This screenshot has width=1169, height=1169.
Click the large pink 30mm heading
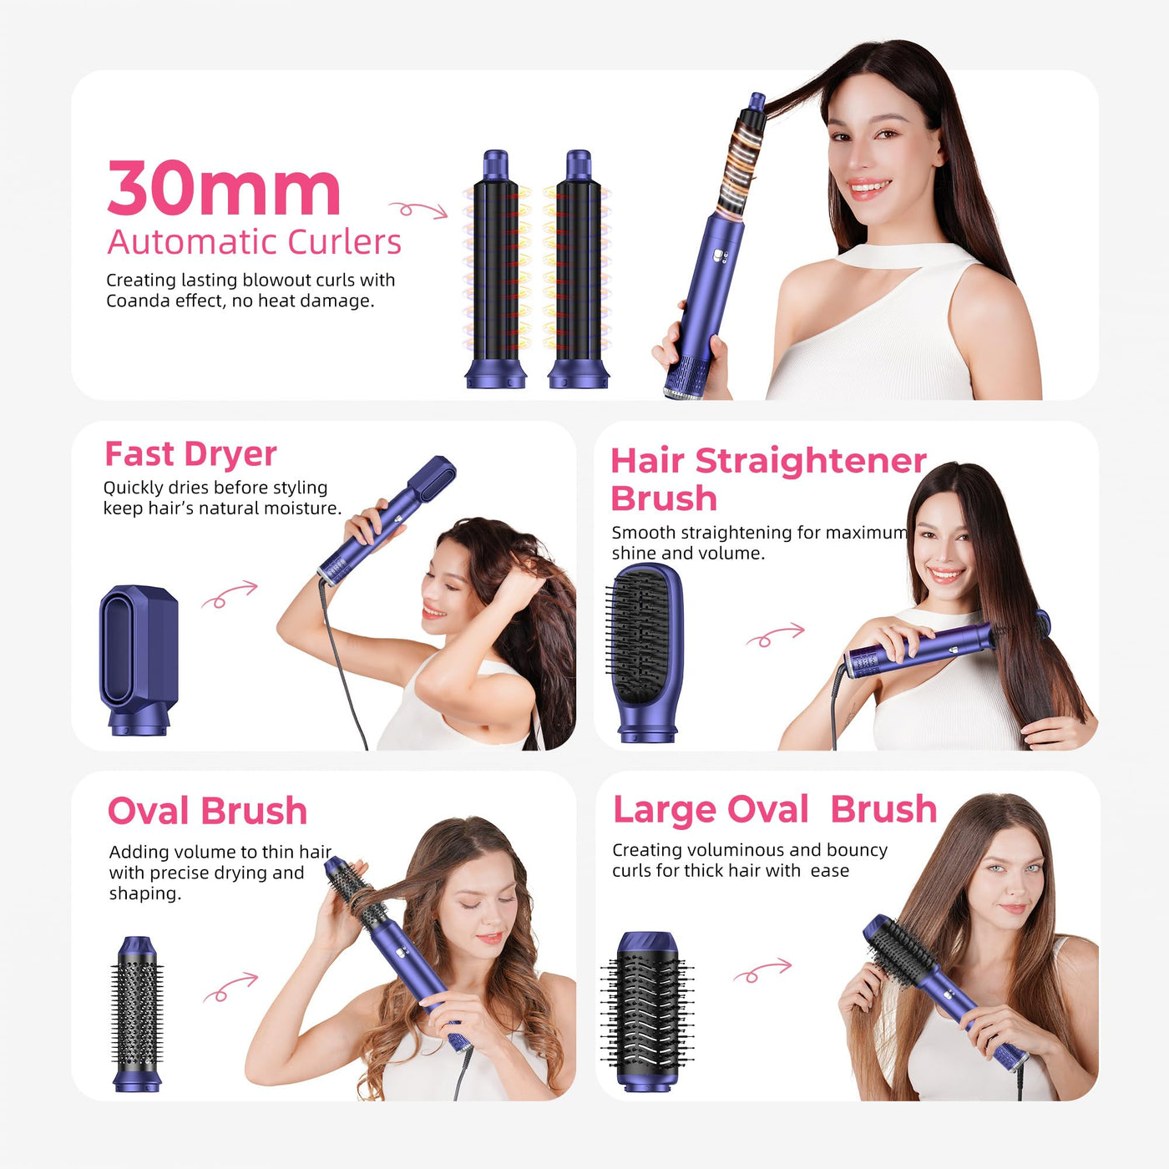224,188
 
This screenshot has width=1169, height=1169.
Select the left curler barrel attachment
496,269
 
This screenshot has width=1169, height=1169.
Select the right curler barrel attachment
578,269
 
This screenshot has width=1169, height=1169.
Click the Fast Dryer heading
190,454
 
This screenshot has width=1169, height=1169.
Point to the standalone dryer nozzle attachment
139,660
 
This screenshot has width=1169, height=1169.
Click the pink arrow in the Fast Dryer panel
230,594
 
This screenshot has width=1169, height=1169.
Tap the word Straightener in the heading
811,462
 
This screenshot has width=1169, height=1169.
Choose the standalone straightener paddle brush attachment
645,652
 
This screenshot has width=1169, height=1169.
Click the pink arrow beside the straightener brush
775,635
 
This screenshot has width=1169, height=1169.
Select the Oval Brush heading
207,811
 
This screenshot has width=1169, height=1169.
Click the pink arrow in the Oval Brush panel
230,987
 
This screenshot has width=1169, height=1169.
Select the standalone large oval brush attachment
646,1012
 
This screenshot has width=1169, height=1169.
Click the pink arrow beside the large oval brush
762,970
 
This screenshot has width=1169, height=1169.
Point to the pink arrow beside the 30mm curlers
418,210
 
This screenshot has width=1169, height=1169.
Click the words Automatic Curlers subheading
254,242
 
